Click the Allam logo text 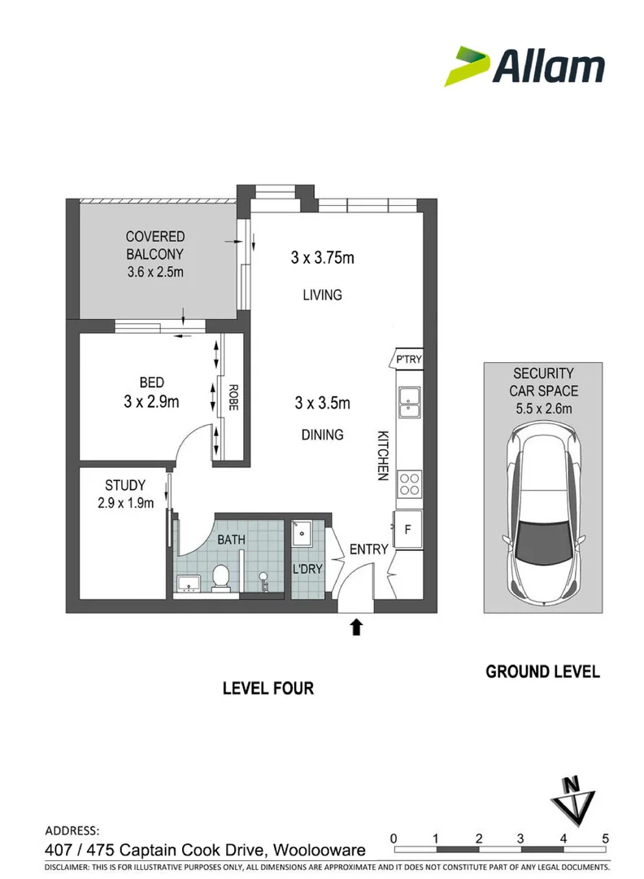[x=548, y=66]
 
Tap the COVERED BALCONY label [x=155, y=245]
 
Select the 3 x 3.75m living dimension [x=322, y=257]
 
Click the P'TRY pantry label [x=408, y=360]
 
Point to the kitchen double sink [x=409, y=402]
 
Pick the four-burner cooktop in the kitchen [x=409, y=485]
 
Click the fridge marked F [x=407, y=529]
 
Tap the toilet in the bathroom [x=220, y=578]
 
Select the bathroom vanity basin [x=189, y=584]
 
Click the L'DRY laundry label [x=307, y=569]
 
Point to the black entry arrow [x=356, y=627]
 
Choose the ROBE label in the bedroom [x=233, y=397]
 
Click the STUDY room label [x=125, y=485]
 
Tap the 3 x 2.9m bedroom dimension [x=151, y=401]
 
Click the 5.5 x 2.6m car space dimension [x=544, y=409]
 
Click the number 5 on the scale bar [x=605, y=838]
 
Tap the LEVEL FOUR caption [x=268, y=689]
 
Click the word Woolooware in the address [x=320, y=850]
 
